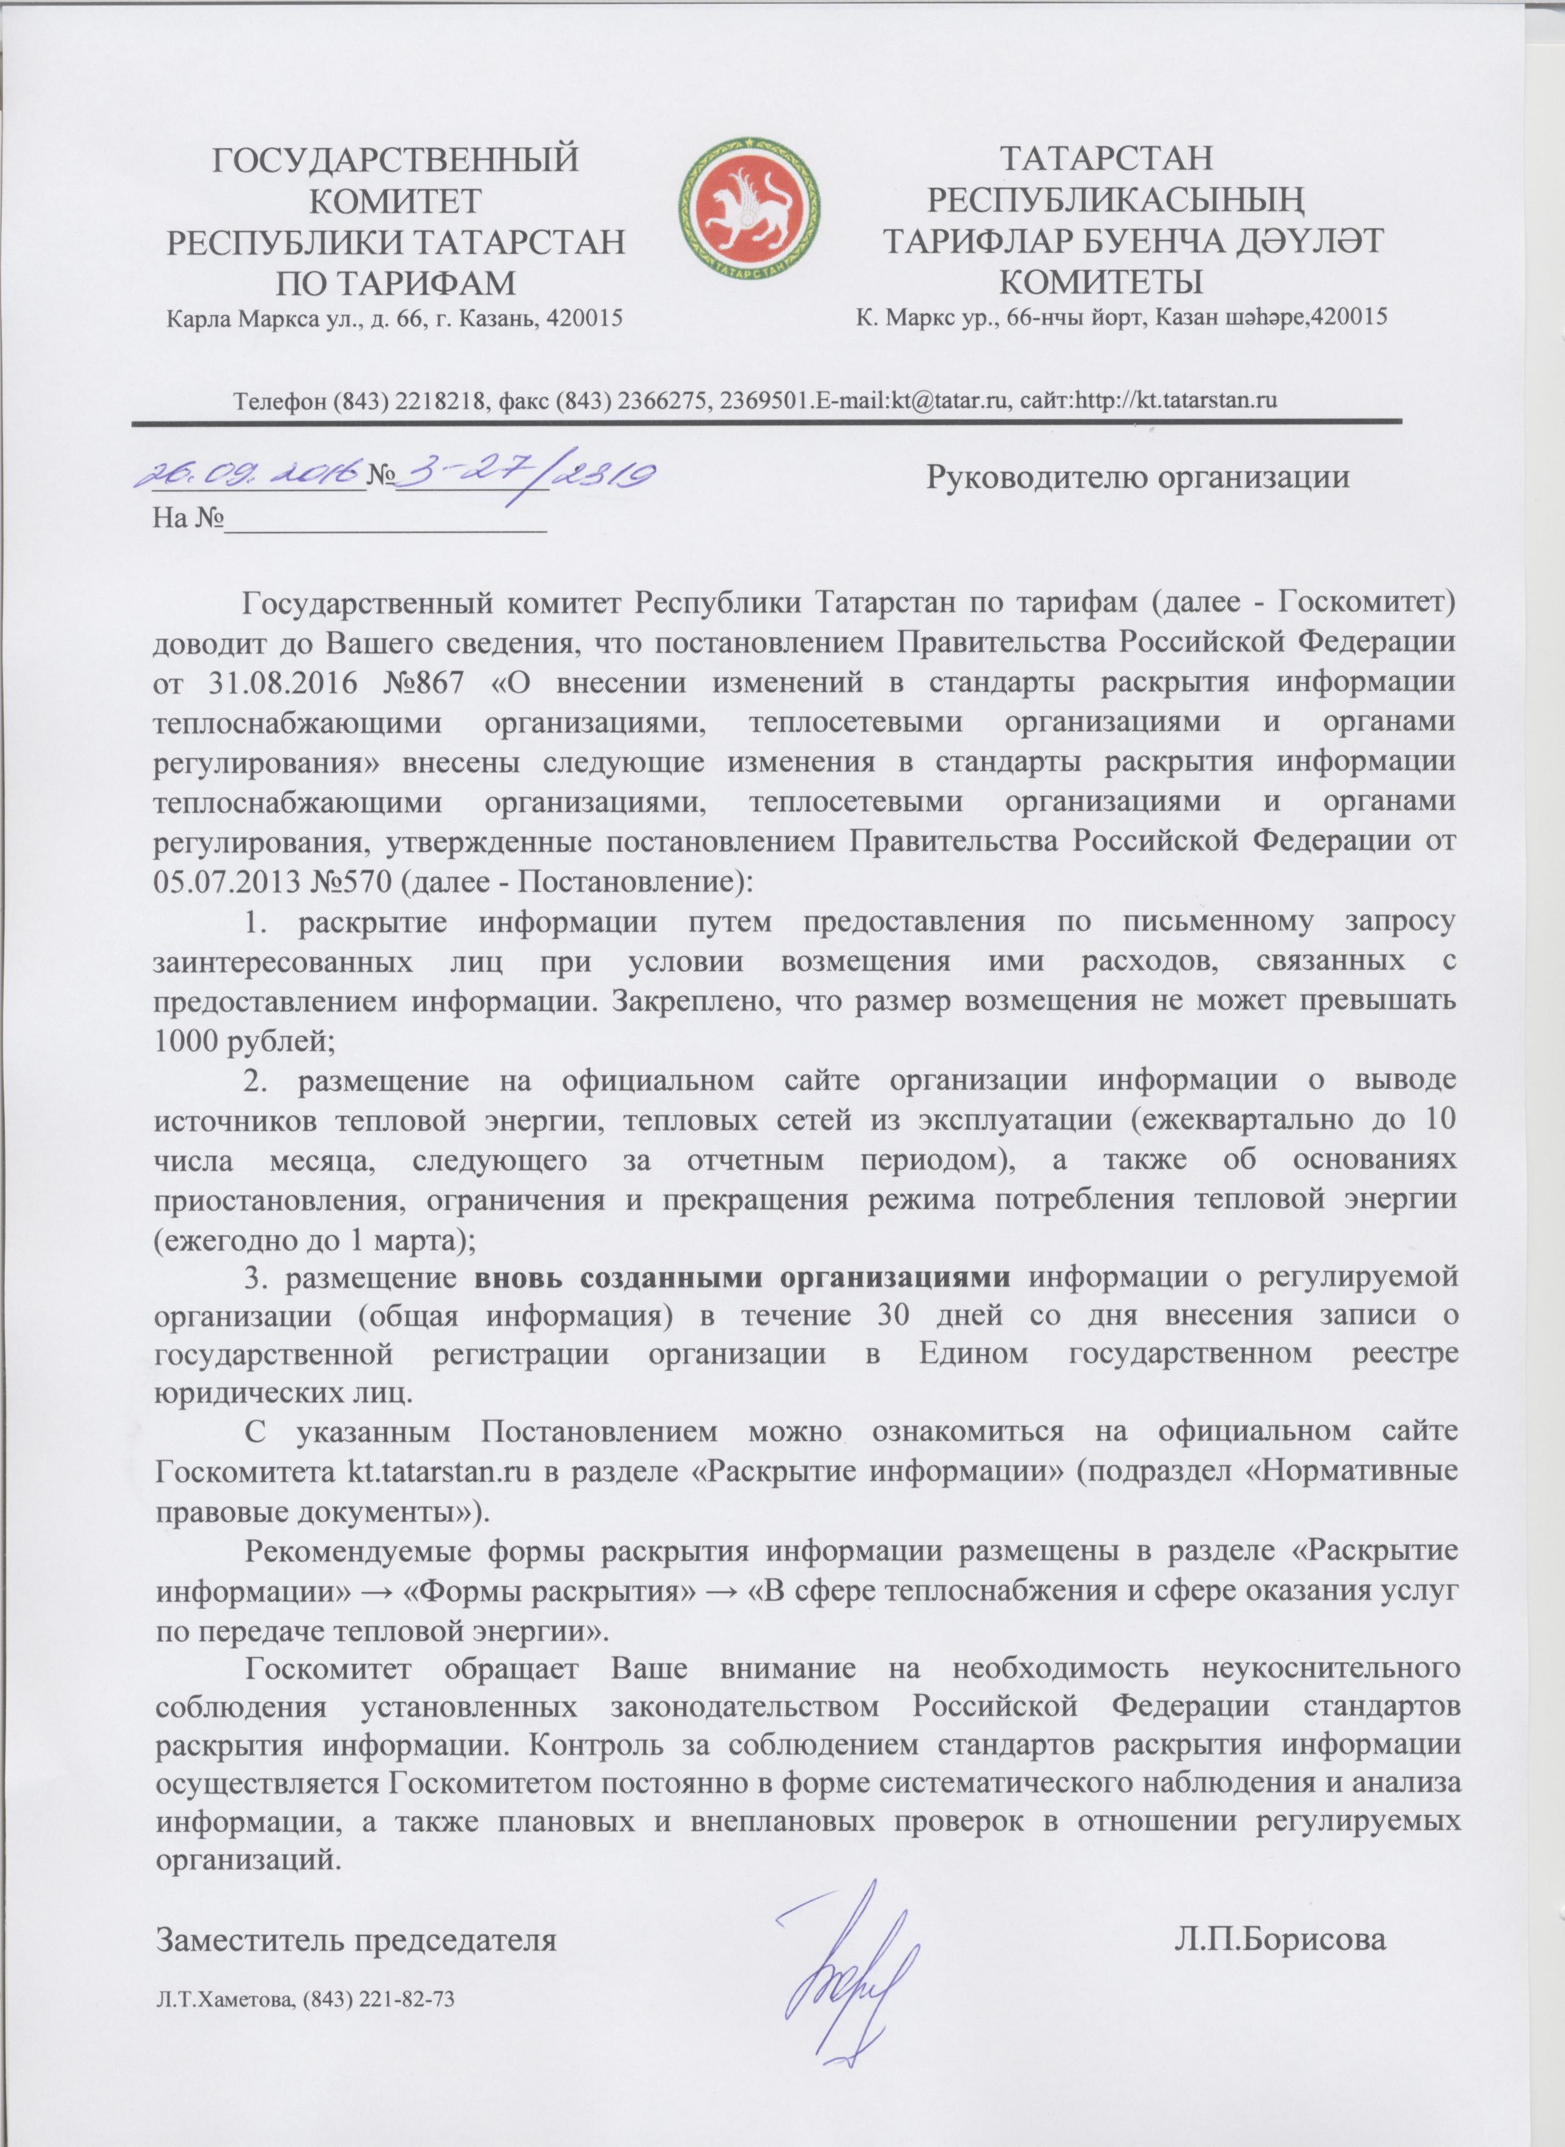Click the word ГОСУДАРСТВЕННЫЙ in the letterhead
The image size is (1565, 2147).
tap(394, 157)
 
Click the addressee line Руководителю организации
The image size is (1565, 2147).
tap(1137, 476)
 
